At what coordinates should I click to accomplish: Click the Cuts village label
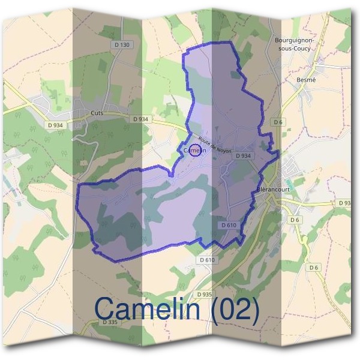pyautogui.click(x=96, y=112)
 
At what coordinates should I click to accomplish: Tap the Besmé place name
pyautogui.click(x=306, y=79)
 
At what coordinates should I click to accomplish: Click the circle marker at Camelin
pyautogui.click(x=195, y=149)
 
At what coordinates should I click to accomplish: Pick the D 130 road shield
pyautogui.click(x=121, y=45)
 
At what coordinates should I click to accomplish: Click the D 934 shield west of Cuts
pyautogui.click(x=54, y=125)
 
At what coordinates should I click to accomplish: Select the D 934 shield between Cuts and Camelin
pyautogui.click(x=140, y=119)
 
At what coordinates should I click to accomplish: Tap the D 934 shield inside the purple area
pyautogui.click(x=242, y=155)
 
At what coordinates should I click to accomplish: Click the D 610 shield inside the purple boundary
pyautogui.click(x=229, y=224)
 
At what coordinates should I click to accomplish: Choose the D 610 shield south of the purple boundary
pyautogui.click(x=206, y=260)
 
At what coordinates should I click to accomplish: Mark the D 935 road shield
pyautogui.click(x=204, y=294)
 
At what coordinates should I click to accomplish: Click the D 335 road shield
pyautogui.click(x=110, y=322)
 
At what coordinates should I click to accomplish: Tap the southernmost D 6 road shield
pyautogui.click(x=313, y=267)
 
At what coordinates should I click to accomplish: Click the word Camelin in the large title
pyautogui.click(x=146, y=309)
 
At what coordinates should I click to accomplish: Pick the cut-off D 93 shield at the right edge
pyautogui.click(x=345, y=203)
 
